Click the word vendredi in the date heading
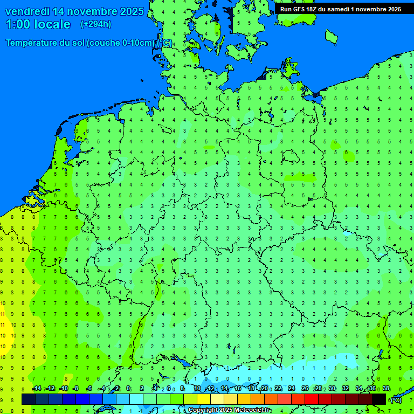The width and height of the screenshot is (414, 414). pos(27,11)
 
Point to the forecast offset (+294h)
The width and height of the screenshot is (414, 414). pos(95,24)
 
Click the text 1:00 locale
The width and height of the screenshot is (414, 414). pos(38,24)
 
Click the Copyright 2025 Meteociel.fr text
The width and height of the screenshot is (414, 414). pos(230,410)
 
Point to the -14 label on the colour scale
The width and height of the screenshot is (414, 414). pos(37,389)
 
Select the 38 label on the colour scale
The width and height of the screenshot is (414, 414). pos(386,389)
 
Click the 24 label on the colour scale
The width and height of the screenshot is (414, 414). pos(292,389)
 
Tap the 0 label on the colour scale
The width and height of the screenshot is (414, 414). pos(129,389)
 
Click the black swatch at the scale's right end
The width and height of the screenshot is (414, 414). pos(379,399)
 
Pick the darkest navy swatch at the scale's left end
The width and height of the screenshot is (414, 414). pos(29,399)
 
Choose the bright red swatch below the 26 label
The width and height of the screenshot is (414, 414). pos(312,399)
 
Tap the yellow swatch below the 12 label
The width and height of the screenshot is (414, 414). pos(204,399)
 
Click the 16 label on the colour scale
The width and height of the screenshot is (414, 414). pos(238,389)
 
